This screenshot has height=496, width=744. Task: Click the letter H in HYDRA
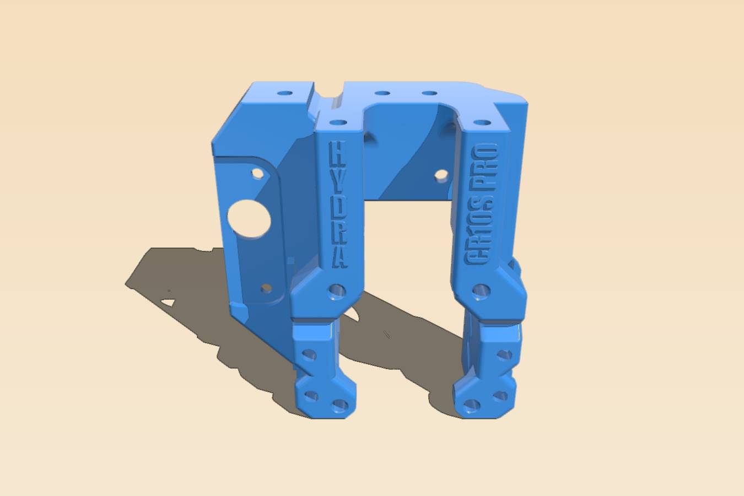336,153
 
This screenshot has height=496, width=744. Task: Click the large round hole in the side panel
250,219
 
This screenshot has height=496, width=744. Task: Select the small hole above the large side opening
258,173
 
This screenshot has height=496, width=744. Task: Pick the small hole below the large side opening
266,288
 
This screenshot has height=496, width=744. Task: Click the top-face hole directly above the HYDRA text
338,123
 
